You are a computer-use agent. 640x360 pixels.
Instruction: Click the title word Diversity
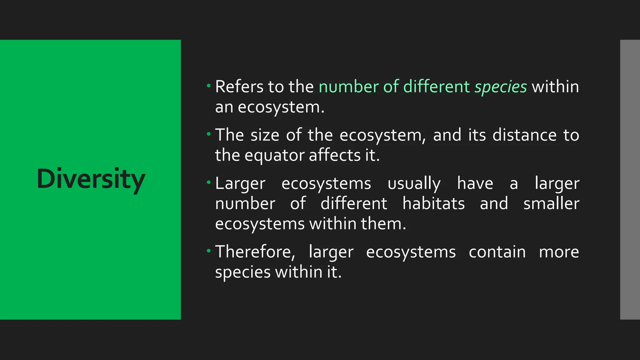point(91,179)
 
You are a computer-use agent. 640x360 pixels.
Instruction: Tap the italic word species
point(501,87)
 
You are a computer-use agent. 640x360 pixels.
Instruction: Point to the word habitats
point(433,203)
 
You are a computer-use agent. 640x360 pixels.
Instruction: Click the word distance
point(524,135)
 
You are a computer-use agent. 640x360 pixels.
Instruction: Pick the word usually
point(414,184)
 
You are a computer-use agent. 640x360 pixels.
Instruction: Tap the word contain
point(497,252)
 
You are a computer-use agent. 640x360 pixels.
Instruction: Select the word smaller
point(551,203)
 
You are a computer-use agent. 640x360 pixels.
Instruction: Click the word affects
point(335,155)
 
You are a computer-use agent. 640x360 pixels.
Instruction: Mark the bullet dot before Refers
point(209,85)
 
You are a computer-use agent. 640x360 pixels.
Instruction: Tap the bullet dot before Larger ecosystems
point(209,182)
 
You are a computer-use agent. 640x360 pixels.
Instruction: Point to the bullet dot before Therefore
point(209,251)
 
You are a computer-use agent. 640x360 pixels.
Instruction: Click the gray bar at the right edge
point(630,179)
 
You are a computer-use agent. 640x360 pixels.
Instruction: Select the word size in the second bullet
point(265,135)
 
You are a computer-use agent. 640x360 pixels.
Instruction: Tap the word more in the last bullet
point(559,252)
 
